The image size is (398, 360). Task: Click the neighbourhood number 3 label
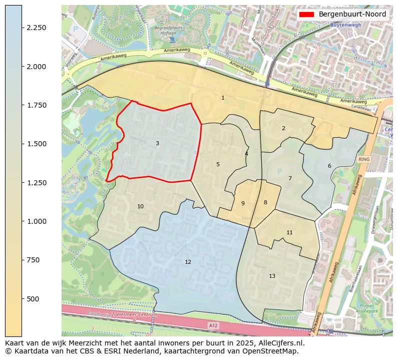click(x=157, y=144)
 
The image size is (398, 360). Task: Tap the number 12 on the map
click(x=188, y=262)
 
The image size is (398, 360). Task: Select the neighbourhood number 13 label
click(x=272, y=276)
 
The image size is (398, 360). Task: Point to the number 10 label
click(x=140, y=207)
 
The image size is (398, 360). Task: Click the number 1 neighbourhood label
click(x=223, y=98)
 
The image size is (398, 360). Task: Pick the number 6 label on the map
click(x=329, y=166)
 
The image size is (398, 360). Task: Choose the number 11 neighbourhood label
click(x=289, y=232)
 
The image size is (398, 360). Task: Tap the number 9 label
click(x=243, y=204)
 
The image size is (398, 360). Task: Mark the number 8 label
click(x=265, y=203)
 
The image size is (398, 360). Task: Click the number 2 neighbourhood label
click(x=283, y=129)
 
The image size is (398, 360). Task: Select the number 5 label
click(x=218, y=165)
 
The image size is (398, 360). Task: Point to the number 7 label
click(x=289, y=179)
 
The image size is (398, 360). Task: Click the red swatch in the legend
click(x=306, y=15)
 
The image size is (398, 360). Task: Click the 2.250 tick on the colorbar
click(x=37, y=28)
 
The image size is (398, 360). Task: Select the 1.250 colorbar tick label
click(x=37, y=183)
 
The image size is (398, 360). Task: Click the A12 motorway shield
click(x=213, y=325)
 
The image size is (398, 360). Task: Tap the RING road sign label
click(x=364, y=159)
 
